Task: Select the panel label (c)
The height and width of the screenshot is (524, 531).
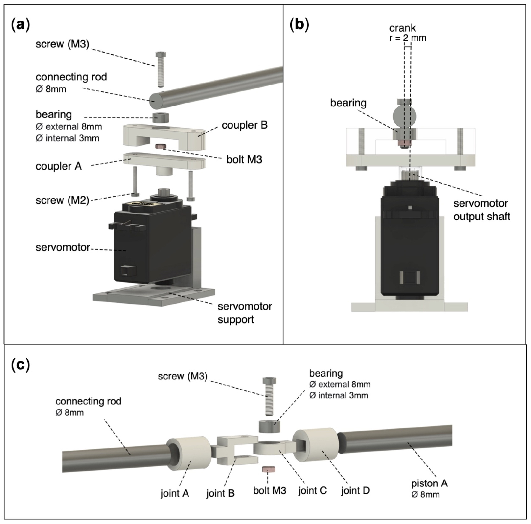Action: [x=20, y=365]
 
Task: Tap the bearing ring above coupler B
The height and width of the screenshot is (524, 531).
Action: [x=161, y=117]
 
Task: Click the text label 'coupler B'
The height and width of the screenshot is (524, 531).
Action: [x=244, y=125]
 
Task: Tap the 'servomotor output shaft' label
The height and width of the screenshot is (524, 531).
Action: [x=481, y=210]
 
